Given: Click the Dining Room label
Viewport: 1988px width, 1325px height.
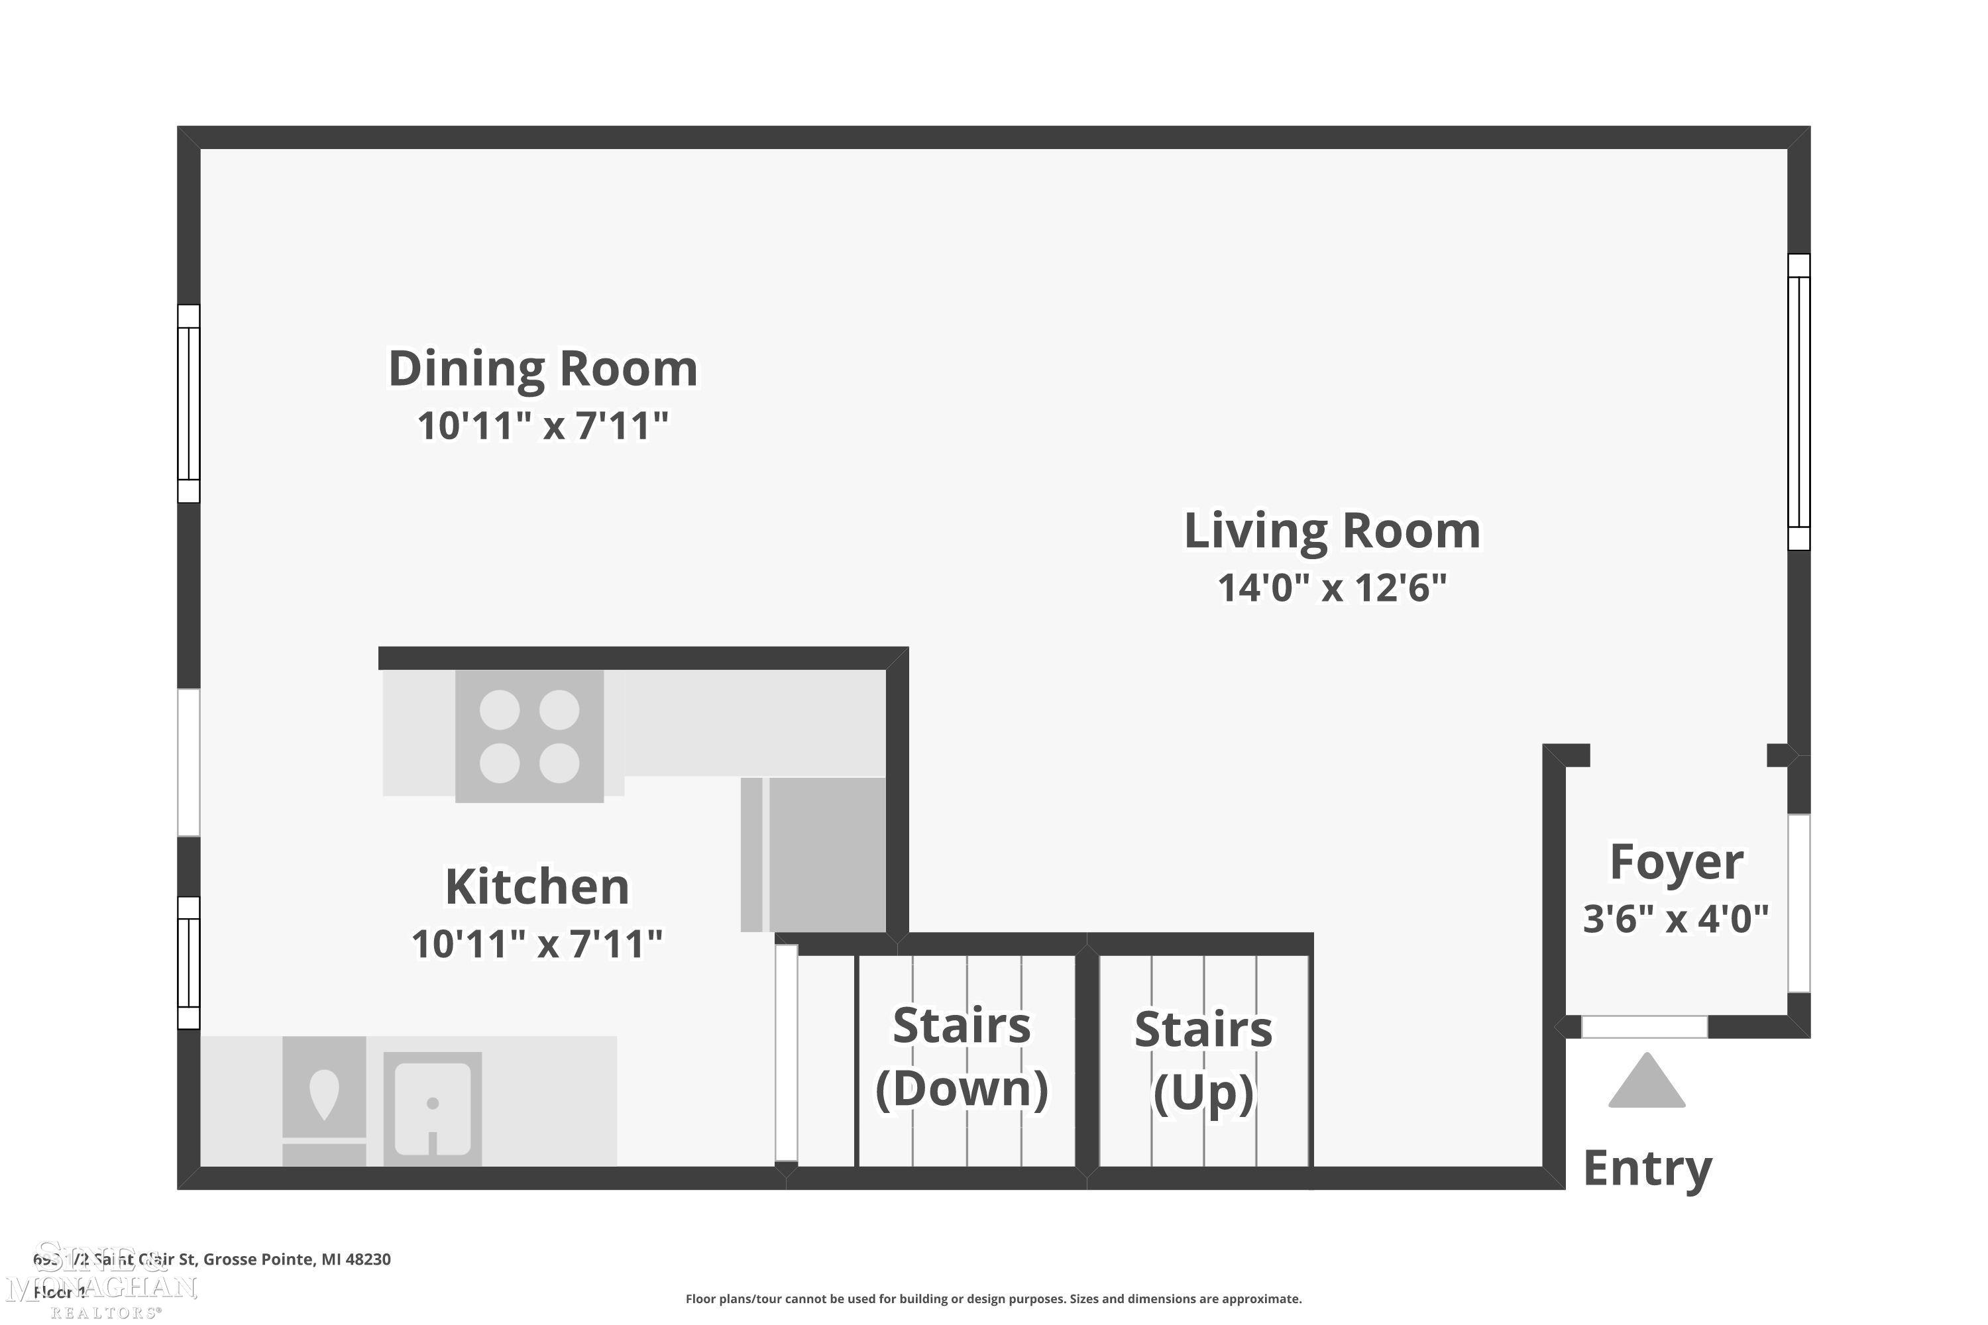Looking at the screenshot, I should click(543, 369).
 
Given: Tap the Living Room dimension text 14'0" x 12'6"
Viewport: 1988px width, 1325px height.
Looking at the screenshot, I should click(1332, 587).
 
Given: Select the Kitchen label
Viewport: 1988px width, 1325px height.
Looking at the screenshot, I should click(537, 886).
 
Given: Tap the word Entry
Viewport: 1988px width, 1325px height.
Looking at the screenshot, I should click(1647, 1169).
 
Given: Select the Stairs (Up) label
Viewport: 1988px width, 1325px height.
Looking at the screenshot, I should click(1203, 1061).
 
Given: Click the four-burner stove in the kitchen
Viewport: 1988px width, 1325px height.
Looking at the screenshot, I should click(529, 735).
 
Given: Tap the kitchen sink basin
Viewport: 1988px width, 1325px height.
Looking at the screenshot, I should click(432, 1107).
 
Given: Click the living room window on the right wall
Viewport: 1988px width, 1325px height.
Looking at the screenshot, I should click(1798, 401).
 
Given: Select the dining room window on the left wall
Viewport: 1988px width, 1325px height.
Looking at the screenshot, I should click(188, 404).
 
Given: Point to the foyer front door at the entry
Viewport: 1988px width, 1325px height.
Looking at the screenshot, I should click(1644, 1027).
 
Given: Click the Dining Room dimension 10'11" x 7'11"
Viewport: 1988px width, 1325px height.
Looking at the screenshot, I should click(543, 425).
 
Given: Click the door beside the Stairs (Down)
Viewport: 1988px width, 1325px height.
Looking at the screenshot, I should click(786, 1053).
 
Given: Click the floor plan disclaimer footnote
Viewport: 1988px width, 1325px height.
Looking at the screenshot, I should click(993, 1298).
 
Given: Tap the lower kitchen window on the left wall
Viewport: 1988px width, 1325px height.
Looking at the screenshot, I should click(188, 963).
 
